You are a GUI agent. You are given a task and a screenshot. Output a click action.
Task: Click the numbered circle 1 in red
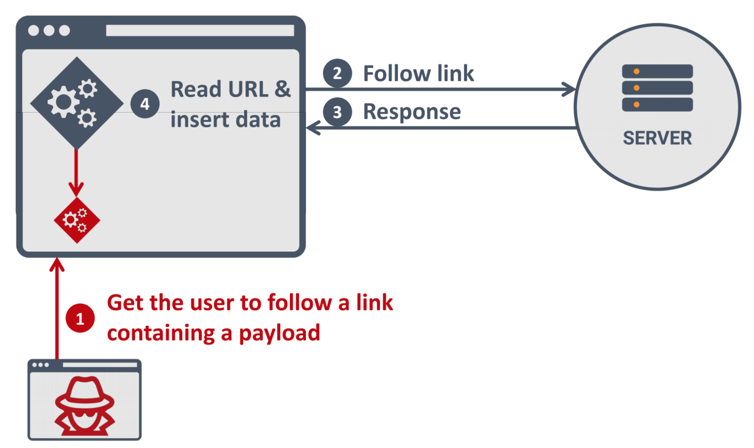[x=80, y=318]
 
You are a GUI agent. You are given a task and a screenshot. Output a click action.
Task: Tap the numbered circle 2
[x=337, y=73]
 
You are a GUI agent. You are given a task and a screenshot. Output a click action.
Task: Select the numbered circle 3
[x=337, y=112]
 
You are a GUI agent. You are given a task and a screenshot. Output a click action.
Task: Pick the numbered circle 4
[x=145, y=104]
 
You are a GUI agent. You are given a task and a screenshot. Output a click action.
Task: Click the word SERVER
[x=657, y=138]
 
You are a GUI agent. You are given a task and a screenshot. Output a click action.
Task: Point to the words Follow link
[x=418, y=73]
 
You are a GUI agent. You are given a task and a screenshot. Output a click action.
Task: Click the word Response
[x=412, y=112]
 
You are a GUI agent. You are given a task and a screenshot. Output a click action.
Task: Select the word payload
[x=279, y=333]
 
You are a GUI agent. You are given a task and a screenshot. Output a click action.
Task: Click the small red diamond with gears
[x=77, y=220]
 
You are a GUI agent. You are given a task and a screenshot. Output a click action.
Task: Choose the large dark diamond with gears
[x=77, y=103]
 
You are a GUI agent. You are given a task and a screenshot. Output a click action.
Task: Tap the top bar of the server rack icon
[x=657, y=71]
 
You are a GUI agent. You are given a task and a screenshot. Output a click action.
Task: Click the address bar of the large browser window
[x=200, y=30]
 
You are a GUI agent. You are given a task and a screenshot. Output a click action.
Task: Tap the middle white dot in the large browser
[x=49, y=30]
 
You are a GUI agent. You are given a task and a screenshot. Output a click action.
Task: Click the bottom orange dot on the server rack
[x=636, y=105]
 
